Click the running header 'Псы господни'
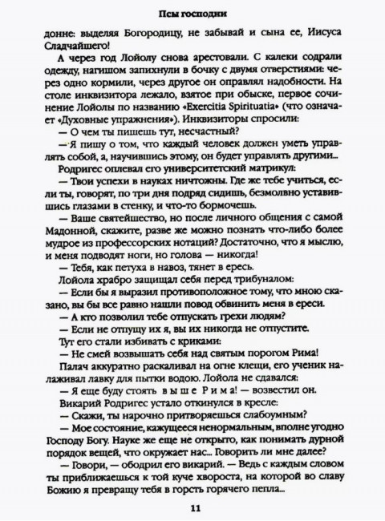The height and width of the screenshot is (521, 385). coord(192,14)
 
